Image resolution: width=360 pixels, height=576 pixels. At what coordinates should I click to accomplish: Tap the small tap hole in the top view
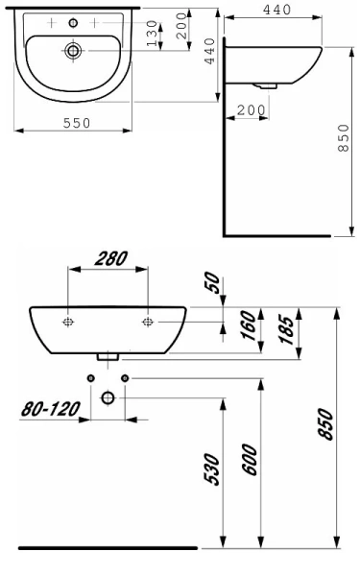(71, 20)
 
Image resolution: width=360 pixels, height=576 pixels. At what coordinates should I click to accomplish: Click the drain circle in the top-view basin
(72, 49)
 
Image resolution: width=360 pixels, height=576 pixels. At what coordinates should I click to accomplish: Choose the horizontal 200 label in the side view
(252, 112)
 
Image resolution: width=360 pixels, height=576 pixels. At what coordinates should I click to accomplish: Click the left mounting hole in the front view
(68, 321)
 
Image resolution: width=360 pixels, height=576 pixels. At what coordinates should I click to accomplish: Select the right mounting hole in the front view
(148, 321)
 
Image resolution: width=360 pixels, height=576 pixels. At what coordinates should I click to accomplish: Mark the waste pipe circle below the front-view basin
(108, 396)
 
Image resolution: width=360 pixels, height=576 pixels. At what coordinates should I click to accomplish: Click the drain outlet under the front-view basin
(108, 357)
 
